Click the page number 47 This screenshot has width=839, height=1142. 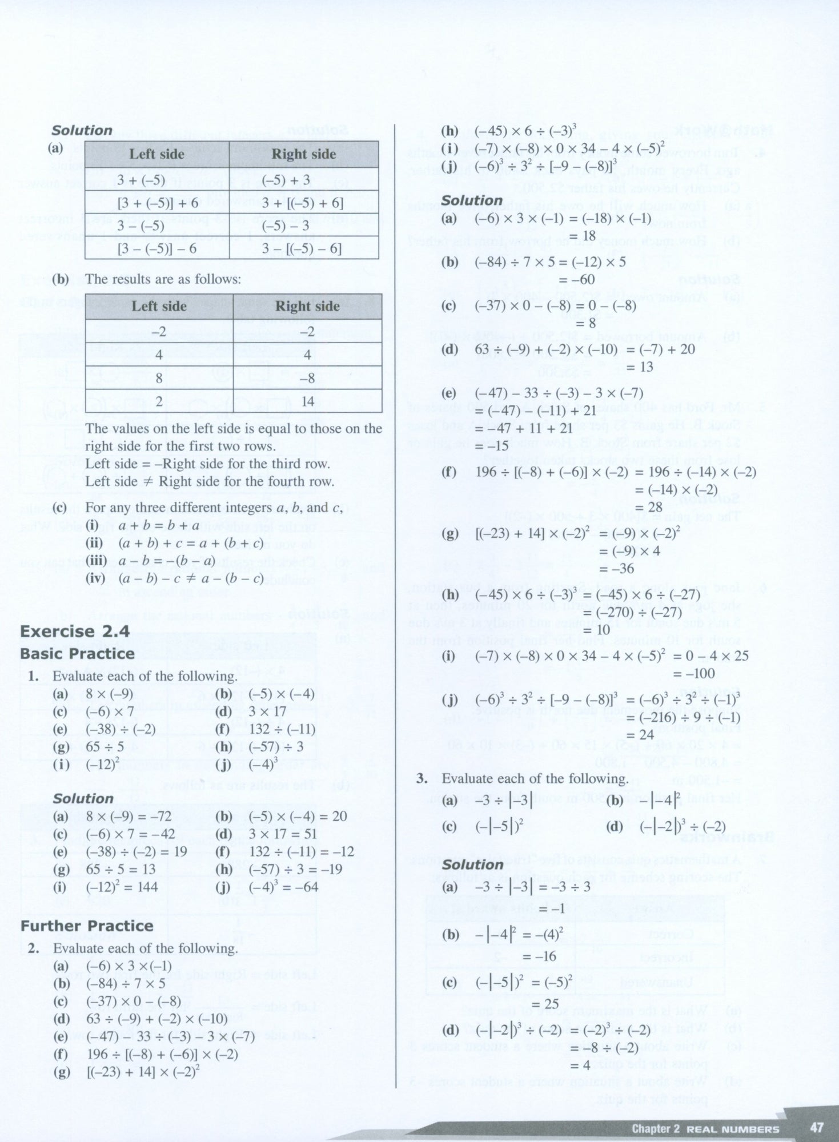click(817, 1128)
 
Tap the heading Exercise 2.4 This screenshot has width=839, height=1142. click(75, 632)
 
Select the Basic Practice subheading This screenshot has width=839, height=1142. click(77, 654)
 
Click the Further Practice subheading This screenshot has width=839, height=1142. click(87, 926)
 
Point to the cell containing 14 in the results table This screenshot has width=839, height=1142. click(307, 401)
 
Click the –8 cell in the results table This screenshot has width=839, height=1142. click(307, 379)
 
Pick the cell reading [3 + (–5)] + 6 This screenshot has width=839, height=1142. click(157, 203)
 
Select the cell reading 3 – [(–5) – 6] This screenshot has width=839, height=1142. click(303, 248)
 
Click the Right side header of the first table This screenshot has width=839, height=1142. click(303, 154)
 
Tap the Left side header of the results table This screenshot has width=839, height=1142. click(159, 307)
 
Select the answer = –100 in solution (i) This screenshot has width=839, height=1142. click(693, 673)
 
